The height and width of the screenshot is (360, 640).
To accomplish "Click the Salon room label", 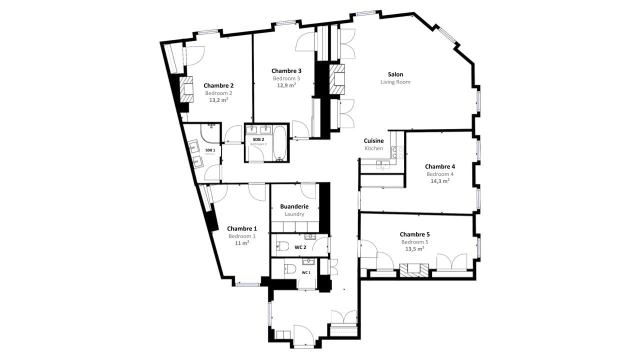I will tap(395, 74).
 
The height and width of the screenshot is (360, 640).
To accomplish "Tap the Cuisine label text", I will tap(373, 141).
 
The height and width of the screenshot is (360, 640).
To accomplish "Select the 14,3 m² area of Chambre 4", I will tap(439, 181).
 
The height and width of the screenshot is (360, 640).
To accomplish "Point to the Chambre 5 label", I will tap(414, 234).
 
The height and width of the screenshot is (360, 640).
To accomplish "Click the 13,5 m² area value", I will tap(414, 248).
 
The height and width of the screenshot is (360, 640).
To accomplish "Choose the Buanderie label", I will tap(294, 206).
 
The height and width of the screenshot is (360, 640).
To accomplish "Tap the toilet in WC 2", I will tap(283, 246).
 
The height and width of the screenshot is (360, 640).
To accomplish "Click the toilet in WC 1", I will tap(289, 270).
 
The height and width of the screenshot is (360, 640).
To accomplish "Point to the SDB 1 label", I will tap(210, 150).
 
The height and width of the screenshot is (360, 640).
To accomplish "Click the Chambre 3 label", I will tap(286, 71).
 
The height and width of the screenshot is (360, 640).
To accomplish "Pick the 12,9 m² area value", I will tap(286, 85).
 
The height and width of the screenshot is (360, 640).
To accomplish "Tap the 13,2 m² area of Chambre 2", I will tap(218, 100).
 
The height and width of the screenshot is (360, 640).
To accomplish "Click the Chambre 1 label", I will tap(241, 229).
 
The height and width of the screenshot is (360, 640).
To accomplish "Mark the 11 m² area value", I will tap(241, 243).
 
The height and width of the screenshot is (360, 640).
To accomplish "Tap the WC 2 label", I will tap(300, 247).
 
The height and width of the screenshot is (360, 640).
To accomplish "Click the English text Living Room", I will tap(395, 82).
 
